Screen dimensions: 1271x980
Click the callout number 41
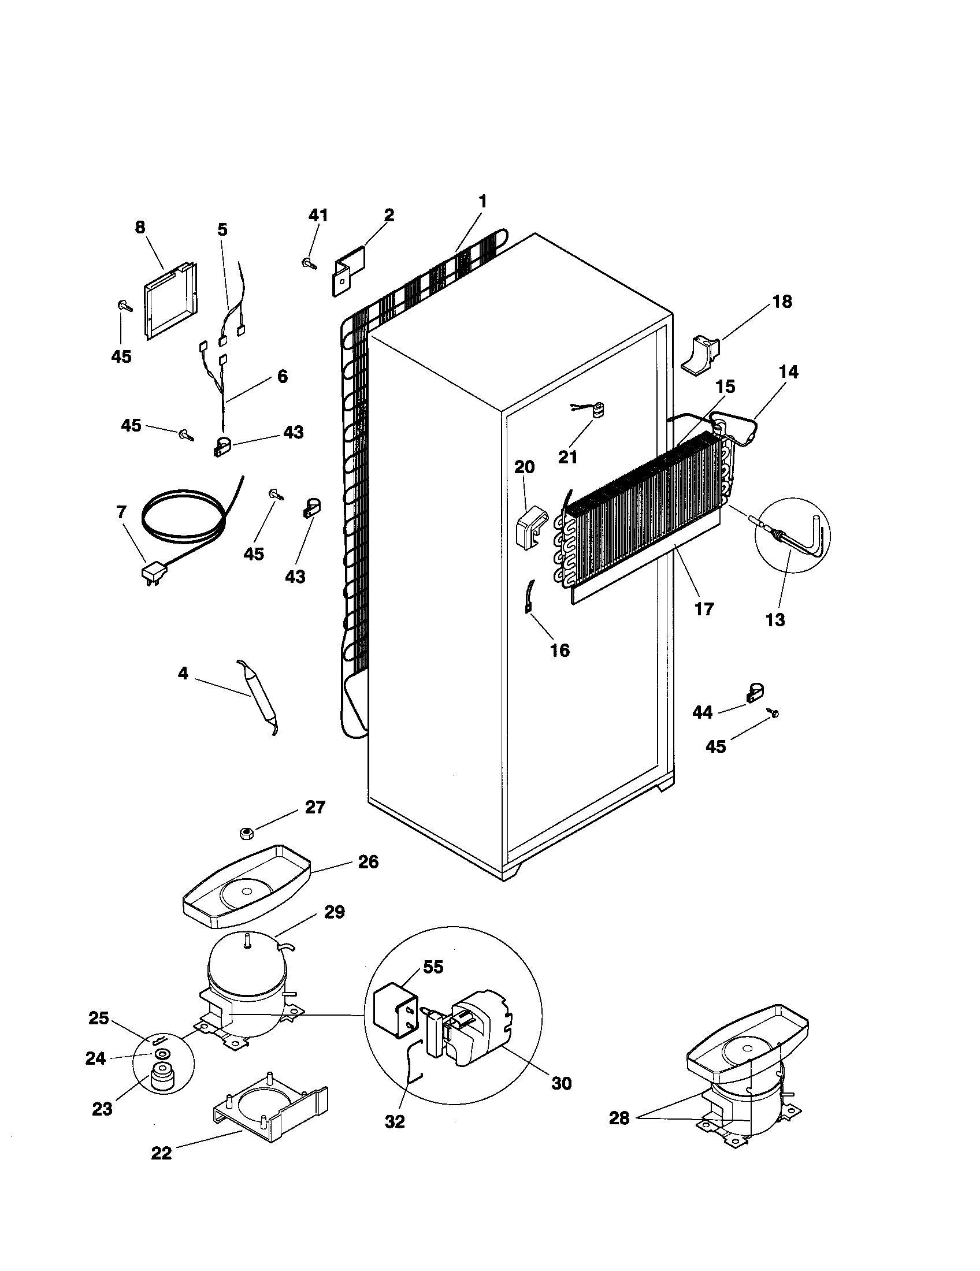(318, 215)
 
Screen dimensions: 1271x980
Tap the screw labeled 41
(309, 263)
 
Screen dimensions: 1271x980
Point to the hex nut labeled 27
(246, 833)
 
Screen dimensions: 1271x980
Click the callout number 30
(561, 1083)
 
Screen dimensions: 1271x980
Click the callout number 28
(619, 1118)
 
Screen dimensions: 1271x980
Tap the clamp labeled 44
(755, 693)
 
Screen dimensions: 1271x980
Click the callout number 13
(775, 620)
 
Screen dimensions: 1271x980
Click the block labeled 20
(530, 527)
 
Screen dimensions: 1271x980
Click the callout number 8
(140, 228)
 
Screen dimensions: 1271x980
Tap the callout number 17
(704, 610)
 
